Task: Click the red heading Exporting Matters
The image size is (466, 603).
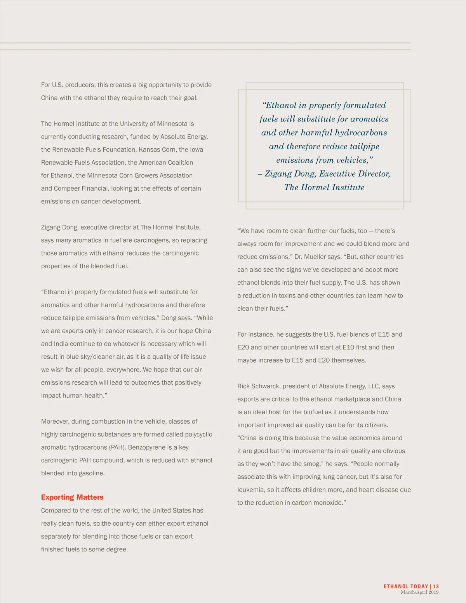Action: pyautogui.click(x=72, y=497)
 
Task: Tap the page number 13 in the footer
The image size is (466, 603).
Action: pyautogui.click(x=436, y=586)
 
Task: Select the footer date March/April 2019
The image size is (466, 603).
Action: pyautogui.click(x=419, y=592)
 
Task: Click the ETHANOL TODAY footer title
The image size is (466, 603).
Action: pyautogui.click(x=405, y=586)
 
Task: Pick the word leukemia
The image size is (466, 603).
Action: pyautogui.click(x=251, y=490)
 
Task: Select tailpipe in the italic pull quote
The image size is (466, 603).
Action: pyautogui.click(x=364, y=146)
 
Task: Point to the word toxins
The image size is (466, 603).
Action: pyautogui.click(x=289, y=296)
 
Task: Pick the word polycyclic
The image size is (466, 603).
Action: pyautogui.click(x=198, y=434)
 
